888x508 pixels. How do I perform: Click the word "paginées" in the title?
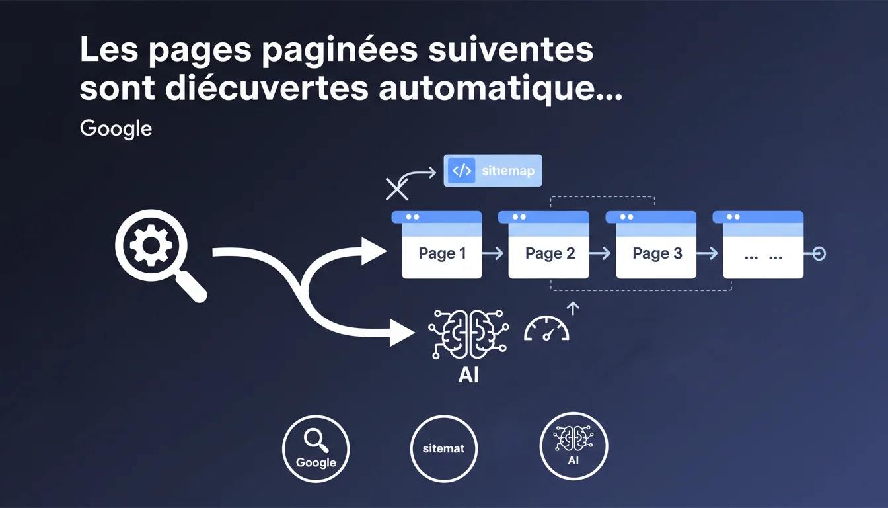(x=340, y=50)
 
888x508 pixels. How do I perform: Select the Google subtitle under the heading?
(x=116, y=128)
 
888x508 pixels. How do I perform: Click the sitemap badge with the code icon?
(x=493, y=170)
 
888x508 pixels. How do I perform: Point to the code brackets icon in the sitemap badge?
(x=462, y=170)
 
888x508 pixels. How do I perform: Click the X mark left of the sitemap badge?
(x=397, y=189)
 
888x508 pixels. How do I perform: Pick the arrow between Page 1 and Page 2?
(x=493, y=253)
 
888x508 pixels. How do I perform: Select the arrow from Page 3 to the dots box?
(x=707, y=253)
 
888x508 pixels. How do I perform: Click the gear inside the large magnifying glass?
(x=151, y=245)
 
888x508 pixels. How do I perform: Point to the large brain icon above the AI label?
(x=468, y=334)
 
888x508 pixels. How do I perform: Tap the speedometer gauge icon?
(x=546, y=328)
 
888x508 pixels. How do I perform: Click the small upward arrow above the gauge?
(x=573, y=308)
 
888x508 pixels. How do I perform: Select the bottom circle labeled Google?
(x=316, y=449)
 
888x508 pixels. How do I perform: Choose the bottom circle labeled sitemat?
(x=443, y=449)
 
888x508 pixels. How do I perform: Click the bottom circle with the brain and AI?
(x=573, y=446)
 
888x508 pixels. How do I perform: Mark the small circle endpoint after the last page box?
(x=819, y=253)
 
